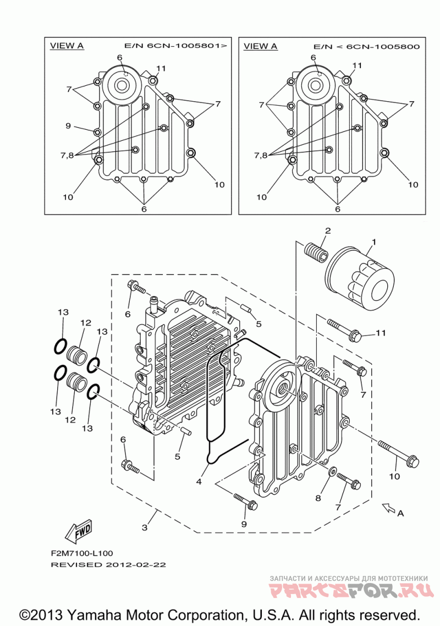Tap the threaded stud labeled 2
[x=316, y=251]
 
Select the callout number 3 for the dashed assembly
[x=145, y=528]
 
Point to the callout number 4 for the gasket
[x=199, y=481]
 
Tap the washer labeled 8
[x=332, y=471]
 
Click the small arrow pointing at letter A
[x=388, y=507]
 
